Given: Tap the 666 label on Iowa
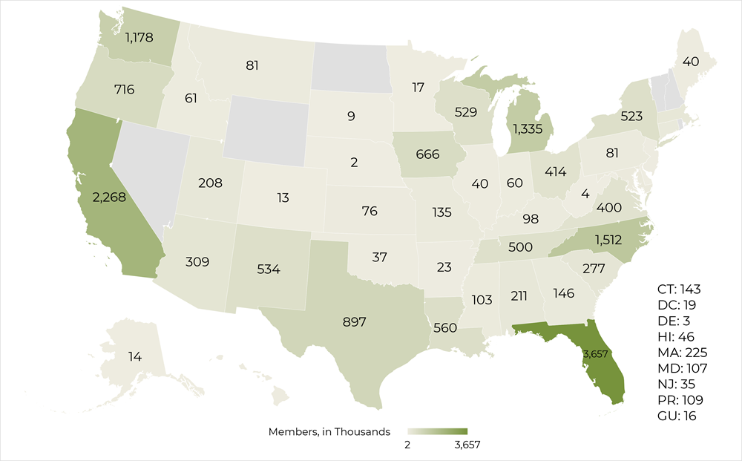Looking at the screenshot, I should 427,155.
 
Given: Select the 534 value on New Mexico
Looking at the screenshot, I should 268,269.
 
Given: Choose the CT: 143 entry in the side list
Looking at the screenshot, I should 679,289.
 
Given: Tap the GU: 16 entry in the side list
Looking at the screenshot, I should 677,416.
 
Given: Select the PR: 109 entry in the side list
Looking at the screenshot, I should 680,400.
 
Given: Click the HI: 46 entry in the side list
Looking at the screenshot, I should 676,336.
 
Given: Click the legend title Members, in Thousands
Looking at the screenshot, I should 329,431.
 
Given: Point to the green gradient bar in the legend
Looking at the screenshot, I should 437,431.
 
